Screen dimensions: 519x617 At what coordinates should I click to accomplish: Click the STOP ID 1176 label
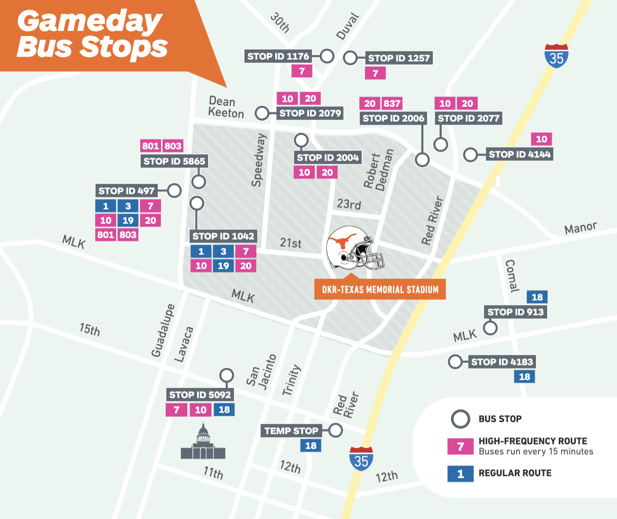[x=278, y=56]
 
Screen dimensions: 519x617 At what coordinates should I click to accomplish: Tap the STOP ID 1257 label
[x=399, y=58]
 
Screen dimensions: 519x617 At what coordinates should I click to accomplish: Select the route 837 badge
[x=392, y=104]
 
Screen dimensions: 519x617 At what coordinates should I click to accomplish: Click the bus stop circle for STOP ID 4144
[x=470, y=154]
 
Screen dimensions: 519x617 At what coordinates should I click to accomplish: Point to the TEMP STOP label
[x=291, y=431]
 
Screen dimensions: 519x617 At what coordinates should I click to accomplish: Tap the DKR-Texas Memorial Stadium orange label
[x=380, y=290]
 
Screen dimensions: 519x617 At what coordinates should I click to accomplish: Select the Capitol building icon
[x=203, y=443]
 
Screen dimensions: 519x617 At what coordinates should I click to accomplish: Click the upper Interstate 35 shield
[x=556, y=56]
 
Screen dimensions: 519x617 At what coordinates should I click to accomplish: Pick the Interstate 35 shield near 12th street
[x=361, y=459]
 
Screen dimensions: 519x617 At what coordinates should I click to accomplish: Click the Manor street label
[x=580, y=228]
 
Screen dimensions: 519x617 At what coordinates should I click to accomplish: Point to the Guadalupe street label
[x=163, y=330]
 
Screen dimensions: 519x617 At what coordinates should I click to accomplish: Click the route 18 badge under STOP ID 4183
[x=524, y=377]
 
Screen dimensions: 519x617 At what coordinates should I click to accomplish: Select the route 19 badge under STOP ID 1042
[x=223, y=266]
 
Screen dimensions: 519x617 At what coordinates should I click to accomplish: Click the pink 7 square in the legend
[x=460, y=446]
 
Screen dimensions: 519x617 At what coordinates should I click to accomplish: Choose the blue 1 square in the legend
[x=460, y=474]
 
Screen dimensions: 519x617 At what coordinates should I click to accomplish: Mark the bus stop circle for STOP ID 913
[x=490, y=328]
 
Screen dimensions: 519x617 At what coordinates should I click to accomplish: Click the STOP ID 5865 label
[x=174, y=161]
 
